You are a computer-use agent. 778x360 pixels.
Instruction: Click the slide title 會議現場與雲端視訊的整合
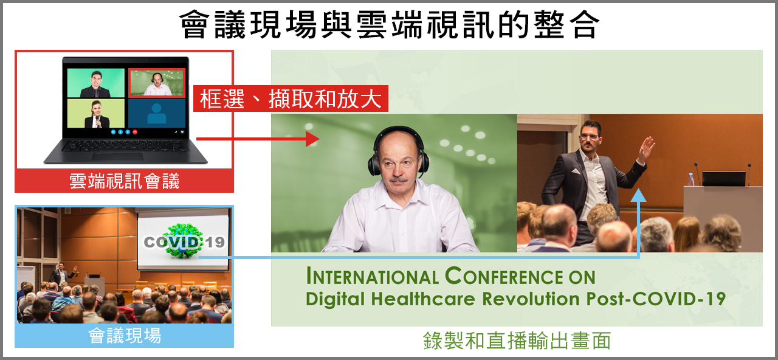pyautogui.click(x=389, y=24)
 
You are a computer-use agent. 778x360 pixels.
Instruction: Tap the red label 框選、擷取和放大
pyautogui.click(x=291, y=99)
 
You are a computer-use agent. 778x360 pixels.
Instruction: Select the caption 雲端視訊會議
pyautogui.click(x=124, y=181)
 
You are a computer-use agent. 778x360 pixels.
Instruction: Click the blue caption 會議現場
pyautogui.click(x=125, y=336)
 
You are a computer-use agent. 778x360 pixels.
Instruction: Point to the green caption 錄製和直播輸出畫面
pyautogui.click(x=517, y=341)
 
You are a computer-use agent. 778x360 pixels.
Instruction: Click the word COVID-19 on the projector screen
pyautogui.click(x=184, y=242)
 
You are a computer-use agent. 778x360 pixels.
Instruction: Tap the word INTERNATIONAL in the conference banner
pyautogui.click(x=373, y=277)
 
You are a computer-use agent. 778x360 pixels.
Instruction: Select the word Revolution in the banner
pyautogui.click(x=531, y=299)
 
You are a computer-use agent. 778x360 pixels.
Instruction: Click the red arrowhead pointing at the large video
pyautogui.click(x=312, y=139)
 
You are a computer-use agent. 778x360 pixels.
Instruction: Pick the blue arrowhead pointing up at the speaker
pyautogui.click(x=638, y=195)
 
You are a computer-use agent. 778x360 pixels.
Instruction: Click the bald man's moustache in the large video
pyautogui.click(x=398, y=179)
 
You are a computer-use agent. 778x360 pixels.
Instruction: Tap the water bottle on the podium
pyautogui.click(x=691, y=179)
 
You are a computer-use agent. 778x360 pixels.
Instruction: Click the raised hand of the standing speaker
pyautogui.click(x=646, y=148)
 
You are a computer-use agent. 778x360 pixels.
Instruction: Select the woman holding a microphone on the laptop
pyautogui.click(x=97, y=114)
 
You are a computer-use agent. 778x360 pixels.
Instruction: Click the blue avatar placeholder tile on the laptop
pyautogui.click(x=157, y=113)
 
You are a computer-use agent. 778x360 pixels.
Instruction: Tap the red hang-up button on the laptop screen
pyautogui.click(x=135, y=132)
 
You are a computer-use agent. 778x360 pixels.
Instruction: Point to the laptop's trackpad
pyautogui.click(x=118, y=156)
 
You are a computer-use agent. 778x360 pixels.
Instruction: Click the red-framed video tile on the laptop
pyautogui.click(x=157, y=83)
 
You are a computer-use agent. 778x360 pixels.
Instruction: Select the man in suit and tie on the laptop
pyautogui.click(x=95, y=84)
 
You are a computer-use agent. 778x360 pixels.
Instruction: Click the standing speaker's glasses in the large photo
pyautogui.click(x=590, y=137)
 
